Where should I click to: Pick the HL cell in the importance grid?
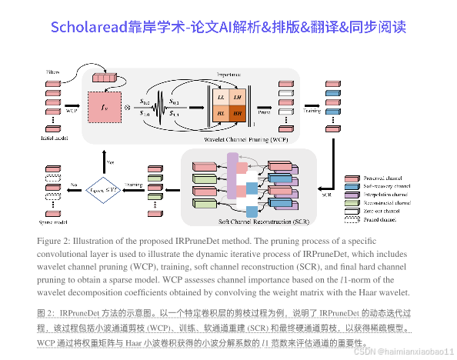point(222,113)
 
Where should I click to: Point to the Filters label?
point(53,72)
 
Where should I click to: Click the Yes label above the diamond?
point(109,163)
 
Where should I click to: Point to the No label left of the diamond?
point(72,184)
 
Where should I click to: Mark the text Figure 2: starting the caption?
point(55,241)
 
